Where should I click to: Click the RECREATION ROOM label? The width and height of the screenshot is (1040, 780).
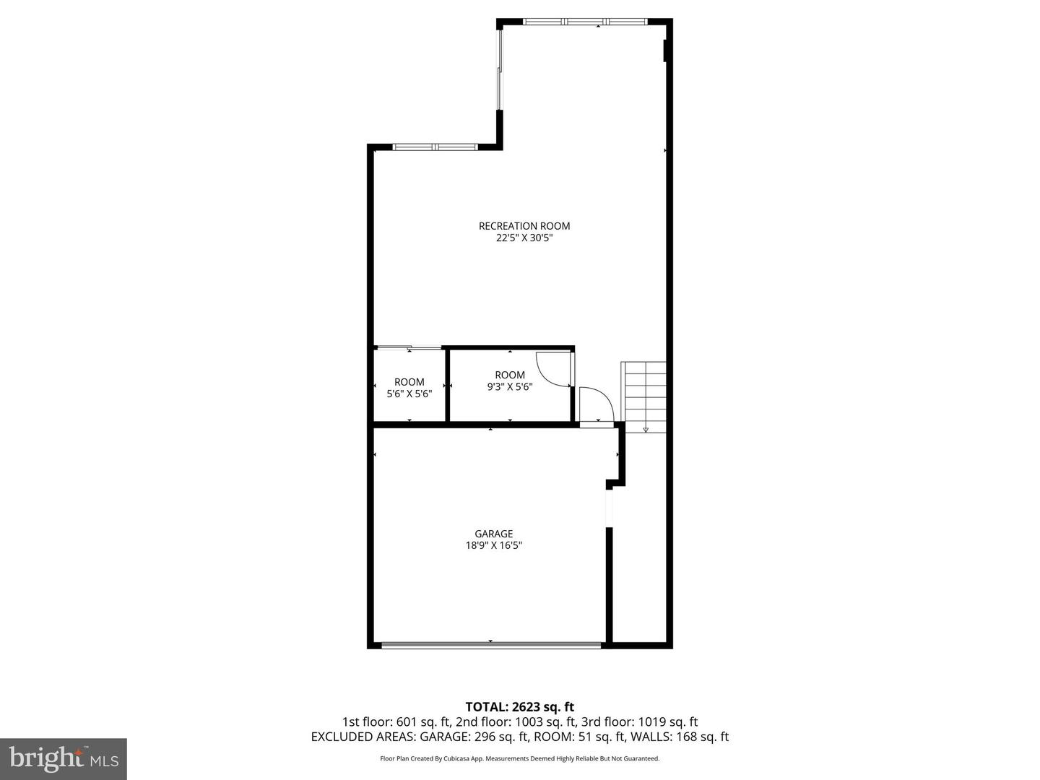coord(524,226)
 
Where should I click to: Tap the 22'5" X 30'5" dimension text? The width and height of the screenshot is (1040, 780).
coord(524,238)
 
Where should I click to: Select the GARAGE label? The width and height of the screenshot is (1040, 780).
coord(493,534)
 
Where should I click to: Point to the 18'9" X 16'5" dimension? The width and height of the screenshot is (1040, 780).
coord(493,546)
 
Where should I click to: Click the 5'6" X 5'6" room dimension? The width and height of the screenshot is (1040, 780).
coord(409,394)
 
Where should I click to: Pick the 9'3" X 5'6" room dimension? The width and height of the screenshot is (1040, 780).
coord(510,386)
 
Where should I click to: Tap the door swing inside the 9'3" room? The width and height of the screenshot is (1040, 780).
coord(553,368)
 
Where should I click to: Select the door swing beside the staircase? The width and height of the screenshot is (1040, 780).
coord(596,404)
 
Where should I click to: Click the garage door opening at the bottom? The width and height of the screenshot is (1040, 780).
coord(491,645)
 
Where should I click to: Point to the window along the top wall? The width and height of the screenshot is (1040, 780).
coord(586,22)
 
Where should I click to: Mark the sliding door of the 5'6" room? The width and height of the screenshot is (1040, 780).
coord(409,349)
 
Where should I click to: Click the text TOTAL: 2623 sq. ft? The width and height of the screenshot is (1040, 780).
coord(519,706)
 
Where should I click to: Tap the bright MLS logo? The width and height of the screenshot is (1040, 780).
coord(64,758)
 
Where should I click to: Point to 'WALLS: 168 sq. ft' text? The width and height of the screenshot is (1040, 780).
coord(680,737)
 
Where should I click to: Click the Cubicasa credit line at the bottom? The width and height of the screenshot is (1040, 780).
coord(519,758)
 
